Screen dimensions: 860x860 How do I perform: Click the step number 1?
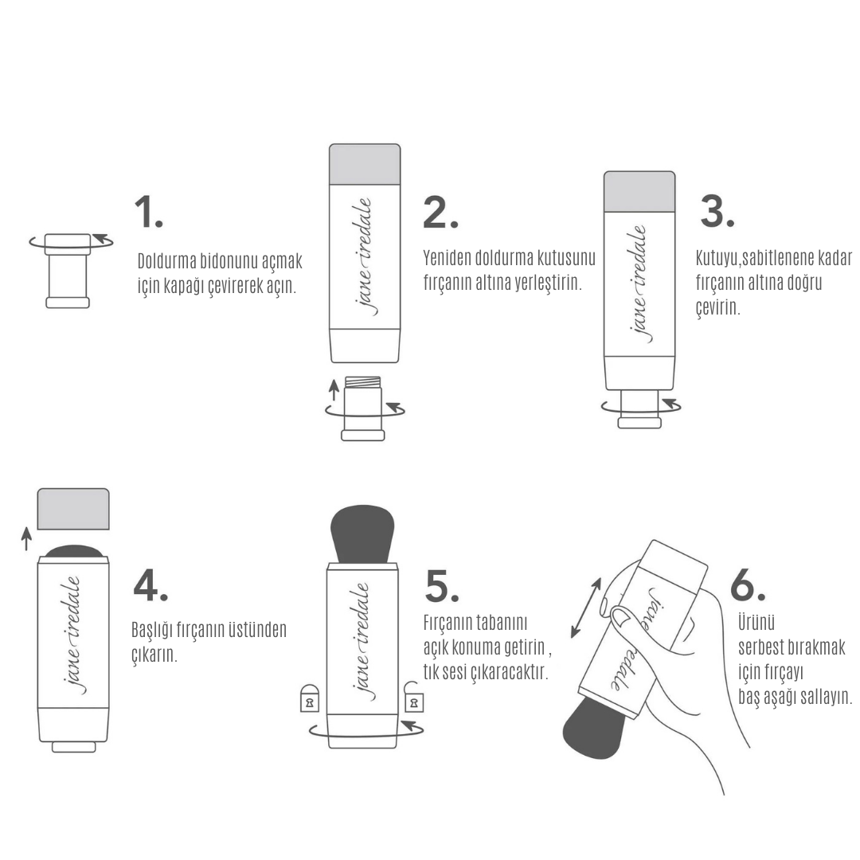click(149, 212)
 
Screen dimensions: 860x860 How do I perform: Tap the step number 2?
click(440, 212)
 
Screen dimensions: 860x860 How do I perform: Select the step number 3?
click(717, 212)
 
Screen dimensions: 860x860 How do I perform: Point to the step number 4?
click(150, 585)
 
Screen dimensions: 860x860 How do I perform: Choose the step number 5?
click(441, 586)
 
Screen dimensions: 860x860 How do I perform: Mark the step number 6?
click(748, 585)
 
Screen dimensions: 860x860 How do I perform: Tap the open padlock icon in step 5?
click(413, 697)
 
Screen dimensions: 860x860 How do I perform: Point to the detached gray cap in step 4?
click(73, 509)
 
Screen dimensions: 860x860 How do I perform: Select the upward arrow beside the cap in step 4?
click(25, 538)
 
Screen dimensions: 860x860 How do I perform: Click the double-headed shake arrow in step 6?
click(586, 608)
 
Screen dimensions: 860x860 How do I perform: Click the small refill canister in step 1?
click(68, 271)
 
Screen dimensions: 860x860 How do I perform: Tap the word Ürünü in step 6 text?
click(756, 623)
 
